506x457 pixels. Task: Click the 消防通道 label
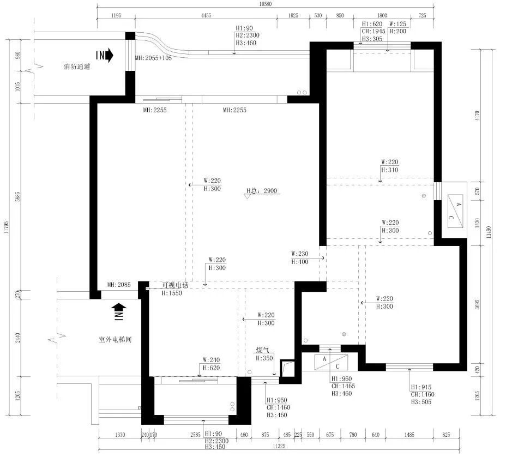coord(76,68)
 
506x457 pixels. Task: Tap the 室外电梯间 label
coord(115,339)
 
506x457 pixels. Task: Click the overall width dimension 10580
coord(265,4)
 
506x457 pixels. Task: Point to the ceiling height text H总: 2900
coord(262,191)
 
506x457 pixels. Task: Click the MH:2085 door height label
coord(119,285)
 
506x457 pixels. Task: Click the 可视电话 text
coord(174,285)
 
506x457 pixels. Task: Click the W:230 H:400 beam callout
coord(300,257)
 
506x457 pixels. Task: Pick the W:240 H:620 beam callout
coord(212,363)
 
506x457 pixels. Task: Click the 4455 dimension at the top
coord(206,16)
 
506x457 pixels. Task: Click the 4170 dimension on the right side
coord(477,115)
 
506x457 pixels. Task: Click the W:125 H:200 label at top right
coord(398,28)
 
